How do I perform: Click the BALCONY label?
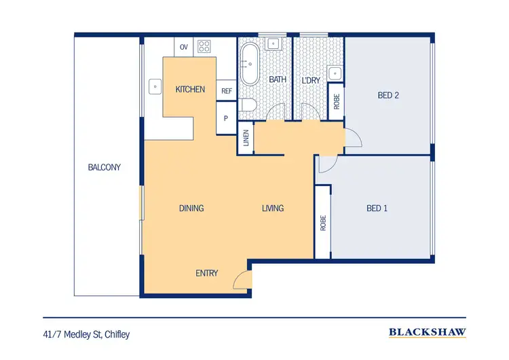pos(104,167)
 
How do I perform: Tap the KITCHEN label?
pos(190,89)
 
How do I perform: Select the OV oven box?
pos(184,47)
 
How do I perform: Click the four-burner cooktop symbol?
pos(204,47)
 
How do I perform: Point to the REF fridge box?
pos(226,90)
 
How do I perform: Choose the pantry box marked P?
pos(226,118)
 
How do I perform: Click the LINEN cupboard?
pos(245,141)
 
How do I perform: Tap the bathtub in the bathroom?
pos(248,65)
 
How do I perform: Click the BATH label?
pos(278,80)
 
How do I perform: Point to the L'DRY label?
pos(310,80)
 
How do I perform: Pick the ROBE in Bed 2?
pos(337,101)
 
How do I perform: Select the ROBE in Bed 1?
pos(323,222)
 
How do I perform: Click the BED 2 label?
pos(388,96)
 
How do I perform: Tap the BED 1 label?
pos(377,208)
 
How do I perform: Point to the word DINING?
pos(191,208)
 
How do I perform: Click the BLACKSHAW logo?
pos(427,333)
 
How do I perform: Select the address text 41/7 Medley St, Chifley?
pos(86,334)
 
